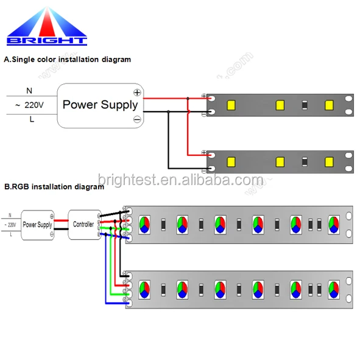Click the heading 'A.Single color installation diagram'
coord(67,60)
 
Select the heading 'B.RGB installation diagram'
coord(54,187)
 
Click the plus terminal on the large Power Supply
coord(137,93)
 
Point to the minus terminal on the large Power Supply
coord(137,119)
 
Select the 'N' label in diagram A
coord(29,90)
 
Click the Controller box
coord(83,224)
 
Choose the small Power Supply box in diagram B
coord(37,224)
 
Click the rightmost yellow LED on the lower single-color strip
coord(329,161)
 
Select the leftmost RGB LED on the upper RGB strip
coord(144,223)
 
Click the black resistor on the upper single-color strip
coord(304,104)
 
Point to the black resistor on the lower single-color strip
coord(304,161)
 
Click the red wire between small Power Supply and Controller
coord(60,219)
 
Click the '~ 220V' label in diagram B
coord(10,224)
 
